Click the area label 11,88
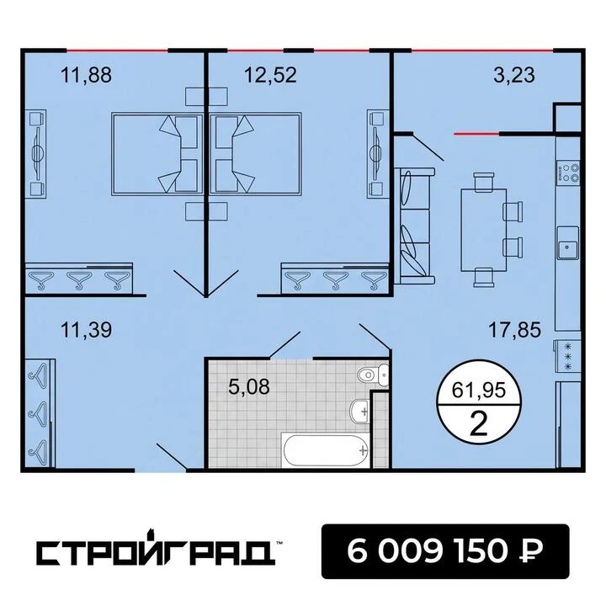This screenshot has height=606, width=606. pyautogui.click(x=86, y=75)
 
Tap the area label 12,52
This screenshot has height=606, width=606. pyautogui.click(x=270, y=75)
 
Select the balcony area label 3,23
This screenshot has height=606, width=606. pyautogui.click(x=514, y=75)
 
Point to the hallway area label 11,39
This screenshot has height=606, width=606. pyautogui.click(x=86, y=330)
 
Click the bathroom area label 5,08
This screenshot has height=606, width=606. pyautogui.click(x=249, y=386)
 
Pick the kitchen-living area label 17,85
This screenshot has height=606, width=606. pyautogui.click(x=514, y=330)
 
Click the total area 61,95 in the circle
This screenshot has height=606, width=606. pyautogui.click(x=479, y=391)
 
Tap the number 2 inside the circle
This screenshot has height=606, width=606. pyautogui.click(x=479, y=424)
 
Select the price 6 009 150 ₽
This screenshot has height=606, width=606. pyautogui.click(x=445, y=551)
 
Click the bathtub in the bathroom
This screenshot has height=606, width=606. pyautogui.click(x=326, y=450)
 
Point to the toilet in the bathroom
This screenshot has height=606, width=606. pyautogui.click(x=373, y=374)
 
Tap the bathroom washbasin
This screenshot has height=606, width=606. pyautogui.click(x=359, y=412)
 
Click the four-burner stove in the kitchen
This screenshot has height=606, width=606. pyautogui.click(x=568, y=173)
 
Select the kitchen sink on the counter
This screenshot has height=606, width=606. pyautogui.click(x=568, y=243)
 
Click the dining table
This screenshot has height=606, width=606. pyautogui.click(x=483, y=230)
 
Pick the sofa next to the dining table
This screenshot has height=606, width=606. pyautogui.click(x=415, y=226)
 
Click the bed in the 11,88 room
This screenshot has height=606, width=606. pyautogui.click(x=157, y=154)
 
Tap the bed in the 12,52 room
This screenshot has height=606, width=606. pyautogui.click(x=256, y=154)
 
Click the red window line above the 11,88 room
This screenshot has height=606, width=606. pyautogui.click(x=118, y=50)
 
